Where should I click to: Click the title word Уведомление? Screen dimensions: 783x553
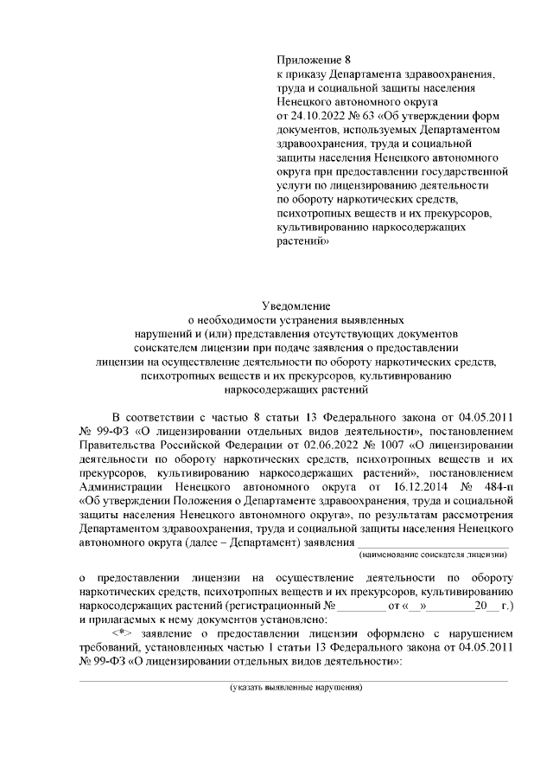tap(296, 305)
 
